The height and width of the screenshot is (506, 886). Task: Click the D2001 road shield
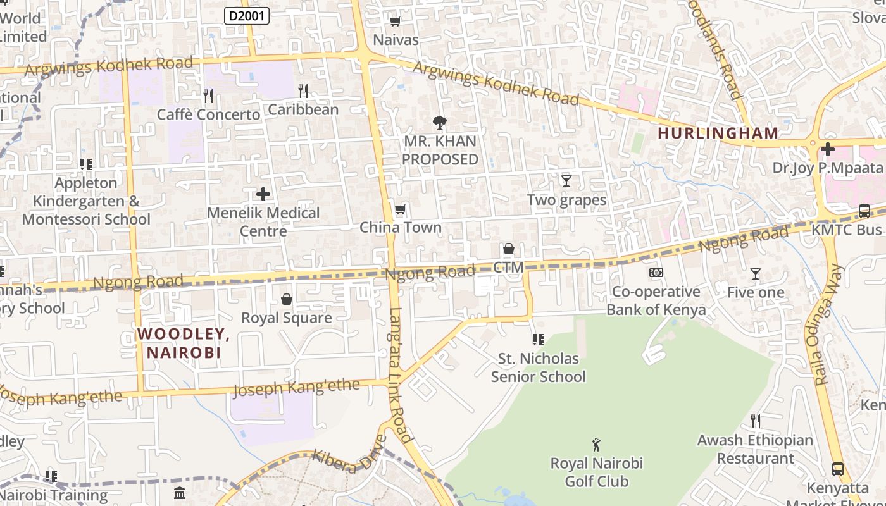coord(247,16)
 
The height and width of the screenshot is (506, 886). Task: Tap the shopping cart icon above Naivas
coord(396,22)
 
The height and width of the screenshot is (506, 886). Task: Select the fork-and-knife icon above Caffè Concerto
coord(208,96)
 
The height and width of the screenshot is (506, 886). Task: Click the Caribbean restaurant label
coord(303,109)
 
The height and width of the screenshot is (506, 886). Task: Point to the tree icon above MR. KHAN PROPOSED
coord(439,122)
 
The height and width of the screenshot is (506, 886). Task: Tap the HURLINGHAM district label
coord(718,133)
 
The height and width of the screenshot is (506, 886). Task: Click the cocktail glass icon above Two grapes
coord(566,181)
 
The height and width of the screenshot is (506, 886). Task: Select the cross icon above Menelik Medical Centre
coord(263,194)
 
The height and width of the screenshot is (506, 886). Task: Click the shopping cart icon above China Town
coord(400,209)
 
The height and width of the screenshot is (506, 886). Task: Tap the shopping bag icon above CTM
coord(508,249)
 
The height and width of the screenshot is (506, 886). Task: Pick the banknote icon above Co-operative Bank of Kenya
coord(656,273)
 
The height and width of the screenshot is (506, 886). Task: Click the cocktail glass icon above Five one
coord(755,274)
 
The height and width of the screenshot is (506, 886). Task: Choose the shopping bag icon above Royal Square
coord(287,299)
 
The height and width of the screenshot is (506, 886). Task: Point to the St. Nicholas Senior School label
coord(539,367)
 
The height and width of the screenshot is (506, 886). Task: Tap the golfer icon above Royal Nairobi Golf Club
coord(596,445)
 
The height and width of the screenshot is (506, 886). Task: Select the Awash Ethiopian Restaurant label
coord(755,449)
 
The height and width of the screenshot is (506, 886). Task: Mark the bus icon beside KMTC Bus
coord(864,211)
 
